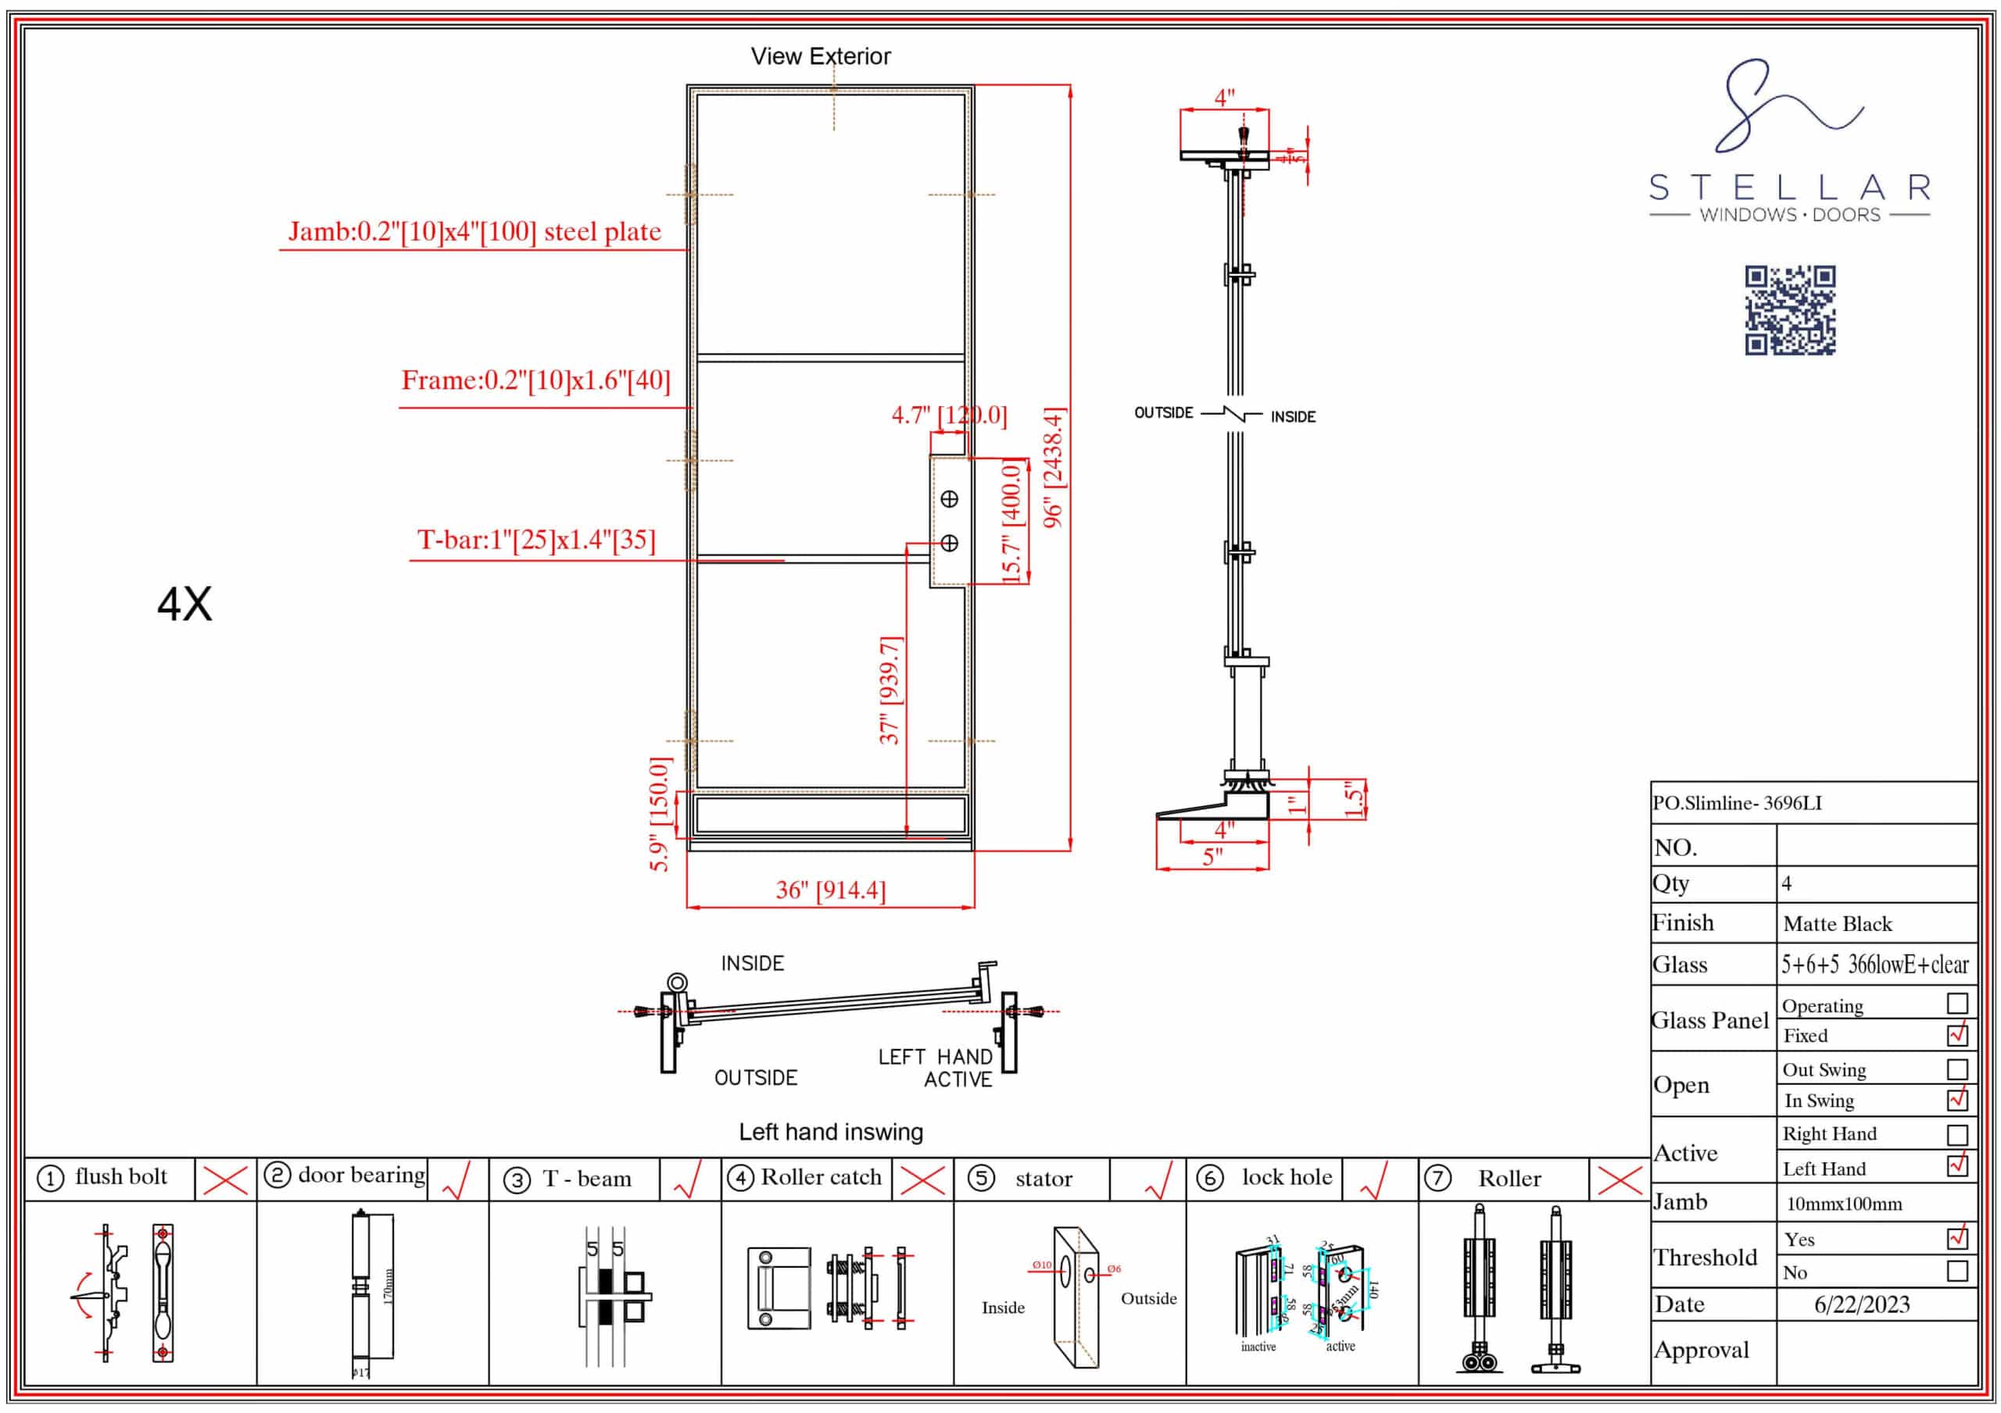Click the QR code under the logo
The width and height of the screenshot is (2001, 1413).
pyautogui.click(x=1789, y=310)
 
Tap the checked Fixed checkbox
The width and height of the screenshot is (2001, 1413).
pyautogui.click(x=1956, y=1034)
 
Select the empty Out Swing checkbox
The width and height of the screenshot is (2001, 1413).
pyautogui.click(x=1956, y=1069)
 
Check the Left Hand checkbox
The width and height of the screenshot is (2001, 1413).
pyautogui.click(x=1956, y=1165)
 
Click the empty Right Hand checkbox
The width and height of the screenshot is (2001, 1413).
pyautogui.click(x=1956, y=1134)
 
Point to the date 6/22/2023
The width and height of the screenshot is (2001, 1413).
pyautogui.click(x=1862, y=1304)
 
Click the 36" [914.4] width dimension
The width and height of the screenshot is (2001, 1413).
pyautogui.click(x=831, y=890)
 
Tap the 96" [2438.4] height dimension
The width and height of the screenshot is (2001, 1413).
pyautogui.click(x=1054, y=468)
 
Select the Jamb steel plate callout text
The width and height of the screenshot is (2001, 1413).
pyautogui.click(x=474, y=232)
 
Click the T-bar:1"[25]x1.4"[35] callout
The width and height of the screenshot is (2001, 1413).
pyautogui.click(x=536, y=540)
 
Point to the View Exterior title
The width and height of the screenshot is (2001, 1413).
pyautogui.click(x=820, y=56)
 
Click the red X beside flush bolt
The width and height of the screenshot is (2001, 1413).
pyautogui.click(x=225, y=1180)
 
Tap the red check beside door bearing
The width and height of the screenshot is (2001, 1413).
pyautogui.click(x=457, y=1180)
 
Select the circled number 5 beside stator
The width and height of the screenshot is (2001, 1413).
pyautogui.click(x=981, y=1178)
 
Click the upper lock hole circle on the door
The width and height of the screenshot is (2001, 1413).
pyautogui.click(x=949, y=499)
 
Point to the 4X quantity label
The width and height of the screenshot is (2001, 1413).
pyautogui.click(x=184, y=604)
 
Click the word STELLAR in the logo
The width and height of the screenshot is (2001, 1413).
pyautogui.click(x=1789, y=187)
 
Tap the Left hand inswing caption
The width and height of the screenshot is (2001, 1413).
pyautogui.click(x=831, y=1132)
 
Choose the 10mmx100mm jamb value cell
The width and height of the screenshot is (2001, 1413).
pyautogui.click(x=1844, y=1204)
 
